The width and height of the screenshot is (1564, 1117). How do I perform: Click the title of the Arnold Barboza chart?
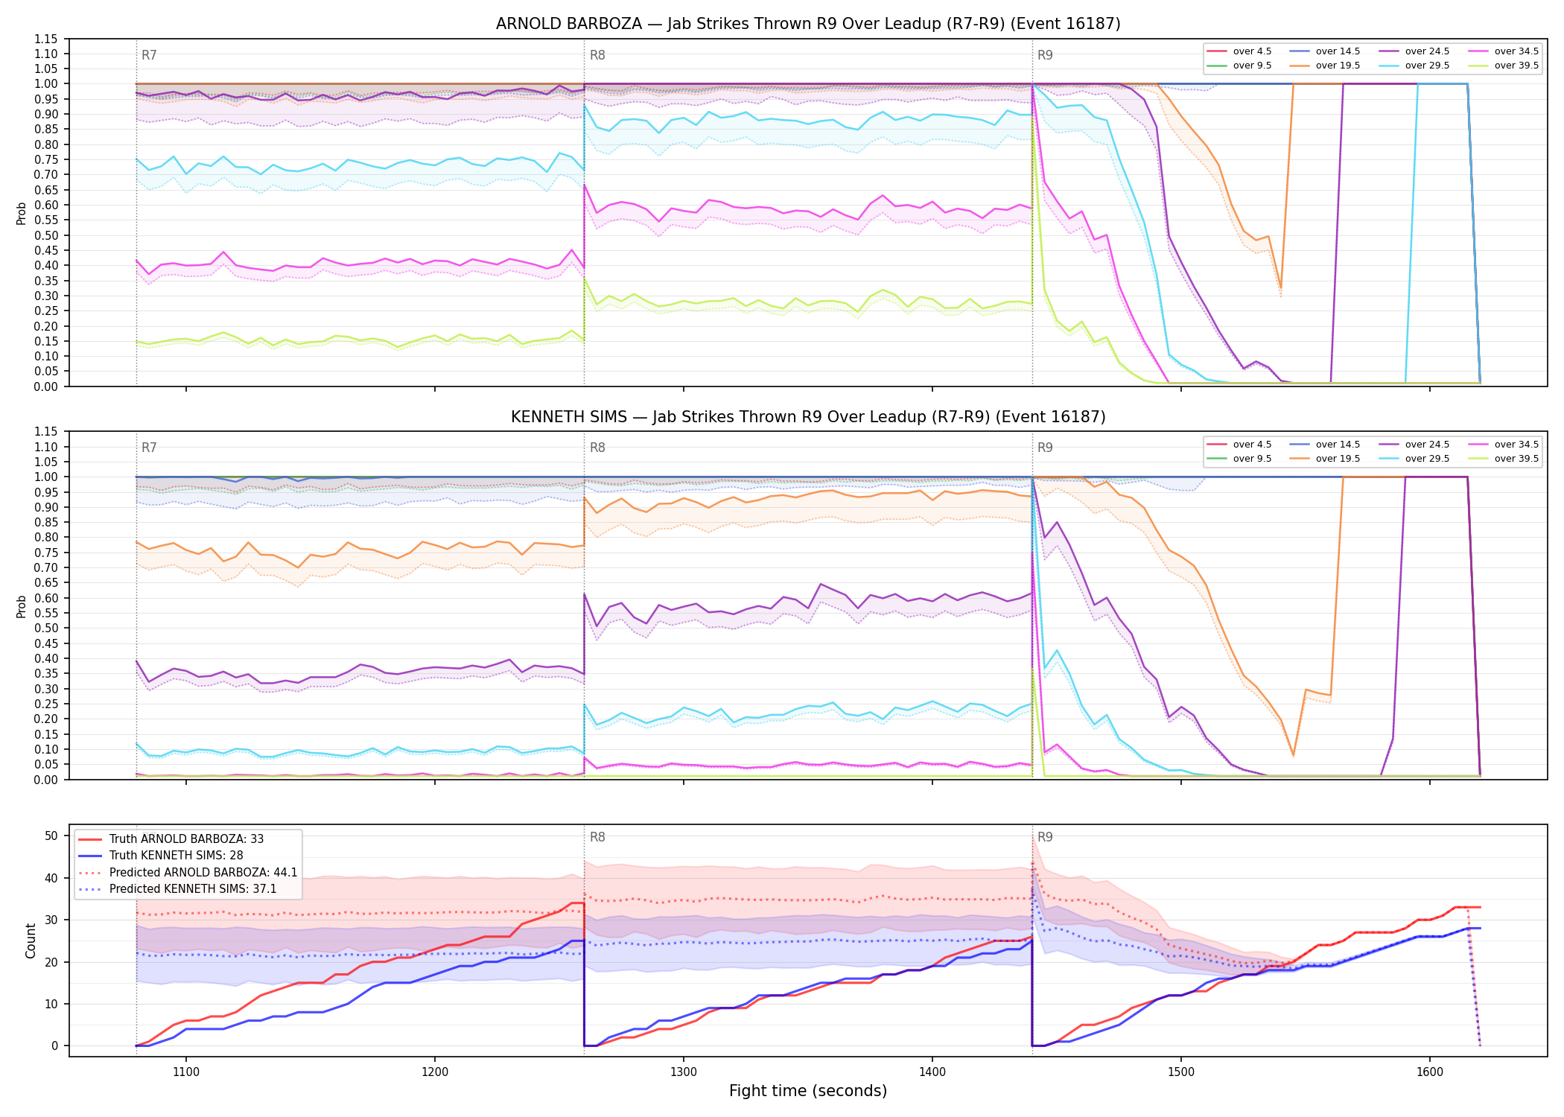pyautogui.click(x=808, y=24)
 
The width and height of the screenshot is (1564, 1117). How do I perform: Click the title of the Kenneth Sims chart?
pyautogui.click(x=808, y=417)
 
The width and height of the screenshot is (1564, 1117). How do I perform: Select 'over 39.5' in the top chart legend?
pyautogui.click(x=1516, y=66)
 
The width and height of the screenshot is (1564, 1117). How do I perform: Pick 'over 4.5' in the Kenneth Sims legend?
pyautogui.click(x=1252, y=445)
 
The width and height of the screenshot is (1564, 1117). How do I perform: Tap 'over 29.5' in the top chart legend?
pyautogui.click(x=1427, y=66)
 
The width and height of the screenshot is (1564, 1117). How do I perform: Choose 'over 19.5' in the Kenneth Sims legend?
pyautogui.click(x=1338, y=459)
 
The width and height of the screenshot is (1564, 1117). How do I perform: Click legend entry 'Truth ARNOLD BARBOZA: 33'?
pyautogui.click(x=186, y=838)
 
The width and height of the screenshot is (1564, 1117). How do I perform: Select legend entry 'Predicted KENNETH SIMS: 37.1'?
pyautogui.click(x=193, y=888)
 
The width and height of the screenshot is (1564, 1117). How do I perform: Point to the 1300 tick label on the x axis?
pyautogui.click(x=684, y=1072)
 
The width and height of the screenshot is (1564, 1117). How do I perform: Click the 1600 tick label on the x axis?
pyautogui.click(x=1430, y=1072)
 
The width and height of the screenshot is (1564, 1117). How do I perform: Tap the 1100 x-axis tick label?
pyautogui.click(x=186, y=1072)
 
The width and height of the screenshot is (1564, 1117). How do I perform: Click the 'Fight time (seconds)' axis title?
pyautogui.click(x=808, y=1091)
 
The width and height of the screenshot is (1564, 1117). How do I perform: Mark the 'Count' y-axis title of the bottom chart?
pyautogui.click(x=31, y=941)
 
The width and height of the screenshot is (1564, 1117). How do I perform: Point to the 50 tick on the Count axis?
pyautogui.click(x=51, y=836)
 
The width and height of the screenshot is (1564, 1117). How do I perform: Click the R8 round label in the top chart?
pyautogui.click(x=597, y=55)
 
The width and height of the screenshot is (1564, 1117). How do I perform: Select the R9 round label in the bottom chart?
pyautogui.click(x=1045, y=837)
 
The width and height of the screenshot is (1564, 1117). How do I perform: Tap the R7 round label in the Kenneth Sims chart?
pyautogui.click(x=149, y=448)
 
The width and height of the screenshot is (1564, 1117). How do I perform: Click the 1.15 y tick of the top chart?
pyautogui.click(x=46, y=39)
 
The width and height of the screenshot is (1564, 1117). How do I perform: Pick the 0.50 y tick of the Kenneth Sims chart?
pyautogui.click(x=46, y=628)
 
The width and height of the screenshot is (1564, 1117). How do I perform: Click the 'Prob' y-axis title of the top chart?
pyautogui.click(x=22, y=213)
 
